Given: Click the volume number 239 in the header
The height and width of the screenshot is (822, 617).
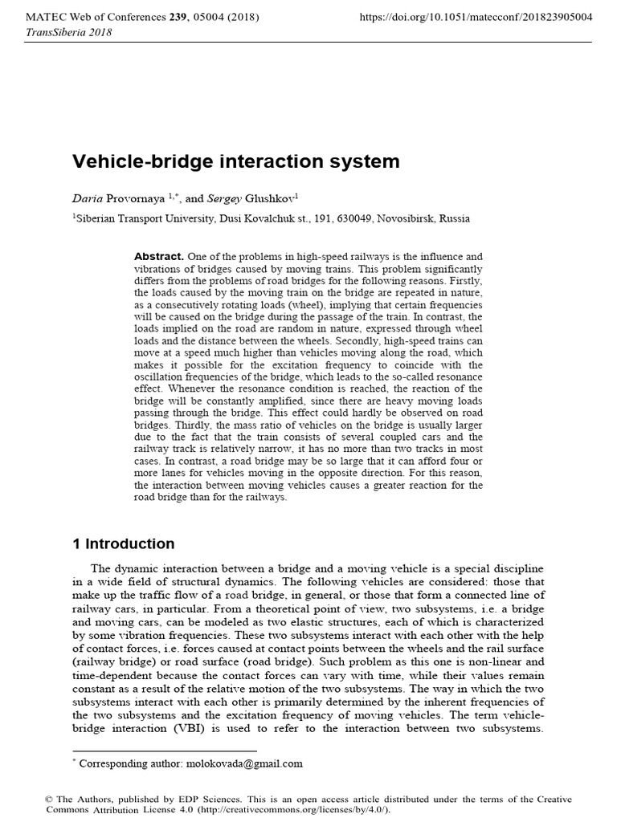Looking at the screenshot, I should coord(174,16).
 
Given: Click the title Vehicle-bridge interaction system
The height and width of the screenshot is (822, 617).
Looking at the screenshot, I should coord(236,161).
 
